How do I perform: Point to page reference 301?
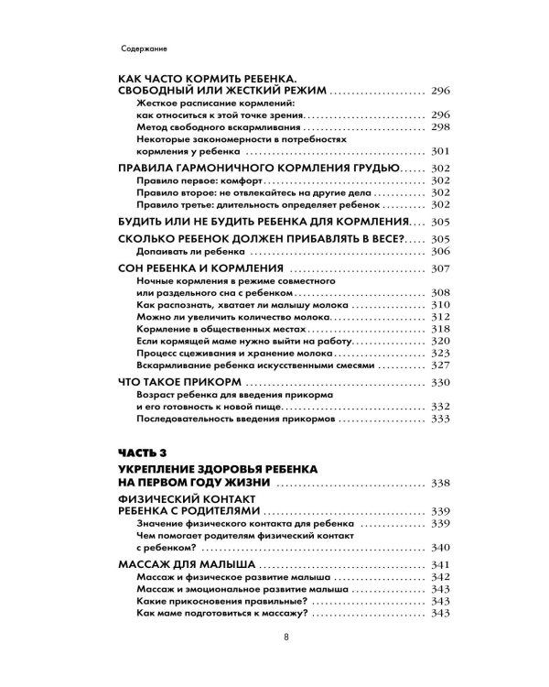pos(439,152)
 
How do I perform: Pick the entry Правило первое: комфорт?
pos(188,184)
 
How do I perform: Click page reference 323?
pos(439,353)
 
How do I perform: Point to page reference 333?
pos(439,418)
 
